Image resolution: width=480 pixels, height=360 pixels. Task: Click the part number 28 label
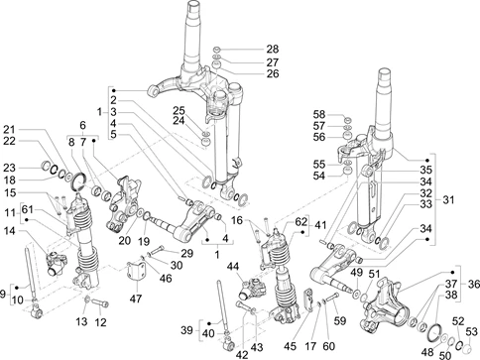[273, 49]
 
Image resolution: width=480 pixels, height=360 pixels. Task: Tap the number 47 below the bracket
[136, 299]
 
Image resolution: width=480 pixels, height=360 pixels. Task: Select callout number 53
[472, 331]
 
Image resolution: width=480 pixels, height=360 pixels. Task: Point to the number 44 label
[234, 266]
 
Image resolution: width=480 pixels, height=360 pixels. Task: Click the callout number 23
[9, 168]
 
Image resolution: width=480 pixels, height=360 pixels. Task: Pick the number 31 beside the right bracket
[448, 200]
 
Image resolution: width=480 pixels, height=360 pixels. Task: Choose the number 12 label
[100, 322]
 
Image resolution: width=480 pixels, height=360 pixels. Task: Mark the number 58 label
[319, 114]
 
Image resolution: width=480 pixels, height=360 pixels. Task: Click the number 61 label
[28, 209]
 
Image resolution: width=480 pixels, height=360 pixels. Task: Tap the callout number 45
[291, 346]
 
